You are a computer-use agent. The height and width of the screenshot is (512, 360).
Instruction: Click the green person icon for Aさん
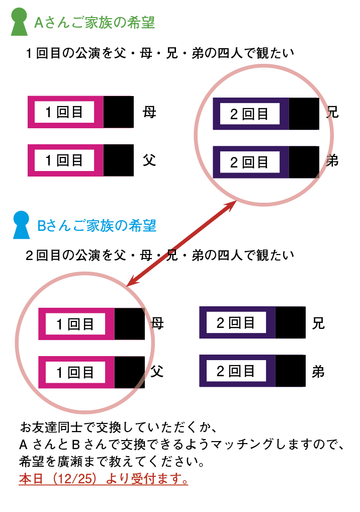[x=19, y=23]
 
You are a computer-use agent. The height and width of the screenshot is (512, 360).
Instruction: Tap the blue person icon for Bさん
[x=22, y=225]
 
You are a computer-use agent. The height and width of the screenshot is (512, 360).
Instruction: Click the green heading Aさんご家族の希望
[x=94, y=23]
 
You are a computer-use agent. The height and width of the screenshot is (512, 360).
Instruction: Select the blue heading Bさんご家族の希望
[x=97, y=225]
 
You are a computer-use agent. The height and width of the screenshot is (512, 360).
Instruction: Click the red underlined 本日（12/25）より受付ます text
[x=104, y=478]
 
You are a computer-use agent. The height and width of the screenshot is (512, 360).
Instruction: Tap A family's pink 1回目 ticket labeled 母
[x=80, y=112]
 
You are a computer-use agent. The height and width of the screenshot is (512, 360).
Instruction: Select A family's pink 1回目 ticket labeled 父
[x=80, y=160]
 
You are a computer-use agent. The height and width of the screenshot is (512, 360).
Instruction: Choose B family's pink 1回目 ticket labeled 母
[x=92, y=324]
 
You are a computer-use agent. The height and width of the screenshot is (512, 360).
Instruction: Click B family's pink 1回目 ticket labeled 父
[x=92, y=372]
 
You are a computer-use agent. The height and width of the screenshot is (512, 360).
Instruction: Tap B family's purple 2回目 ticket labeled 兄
[x=252, y=322]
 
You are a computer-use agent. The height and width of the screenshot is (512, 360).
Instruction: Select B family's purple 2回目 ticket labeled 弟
[x=252, y=371]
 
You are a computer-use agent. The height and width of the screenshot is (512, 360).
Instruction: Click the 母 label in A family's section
[x=149, y=112]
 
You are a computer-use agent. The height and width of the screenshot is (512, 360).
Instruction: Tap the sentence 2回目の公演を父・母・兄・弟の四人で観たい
[x=160, y=255]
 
